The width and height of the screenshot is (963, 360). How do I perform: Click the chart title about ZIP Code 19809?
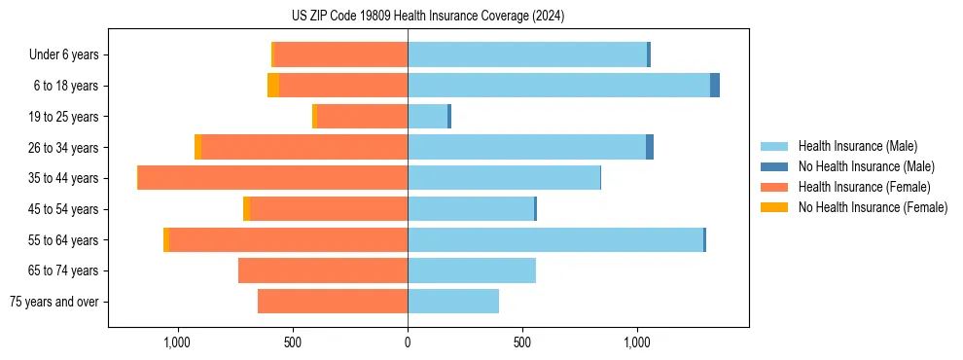click(427, 16)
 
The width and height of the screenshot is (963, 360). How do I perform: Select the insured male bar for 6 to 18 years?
click(558, 86)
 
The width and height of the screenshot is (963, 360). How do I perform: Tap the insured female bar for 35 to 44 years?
click(272, 178)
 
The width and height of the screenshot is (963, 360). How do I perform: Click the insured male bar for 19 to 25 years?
click(427, 117)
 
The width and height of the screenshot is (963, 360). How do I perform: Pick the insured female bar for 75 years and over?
click(333, 302)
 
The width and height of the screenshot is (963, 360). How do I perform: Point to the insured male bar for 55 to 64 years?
click(554, 240)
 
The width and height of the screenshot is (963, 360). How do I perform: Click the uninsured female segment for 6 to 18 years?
click(273, 86)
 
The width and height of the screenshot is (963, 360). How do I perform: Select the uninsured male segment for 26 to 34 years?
click(650, 147)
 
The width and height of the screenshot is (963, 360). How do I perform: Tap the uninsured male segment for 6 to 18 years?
click(715, 86)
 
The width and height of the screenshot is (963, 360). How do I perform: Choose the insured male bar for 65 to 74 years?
click(472, 270)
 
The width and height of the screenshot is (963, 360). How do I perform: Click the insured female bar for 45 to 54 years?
click(329, 209)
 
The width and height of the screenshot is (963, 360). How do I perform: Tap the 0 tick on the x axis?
click(408, 342)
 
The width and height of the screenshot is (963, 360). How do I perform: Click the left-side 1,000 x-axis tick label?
click(177, 342)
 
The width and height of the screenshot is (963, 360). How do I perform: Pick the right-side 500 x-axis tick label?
click(522, 342)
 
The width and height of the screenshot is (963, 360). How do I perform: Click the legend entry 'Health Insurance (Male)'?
click(857, 146)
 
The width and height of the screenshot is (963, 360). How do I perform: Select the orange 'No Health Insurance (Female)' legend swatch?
click(776, 207)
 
